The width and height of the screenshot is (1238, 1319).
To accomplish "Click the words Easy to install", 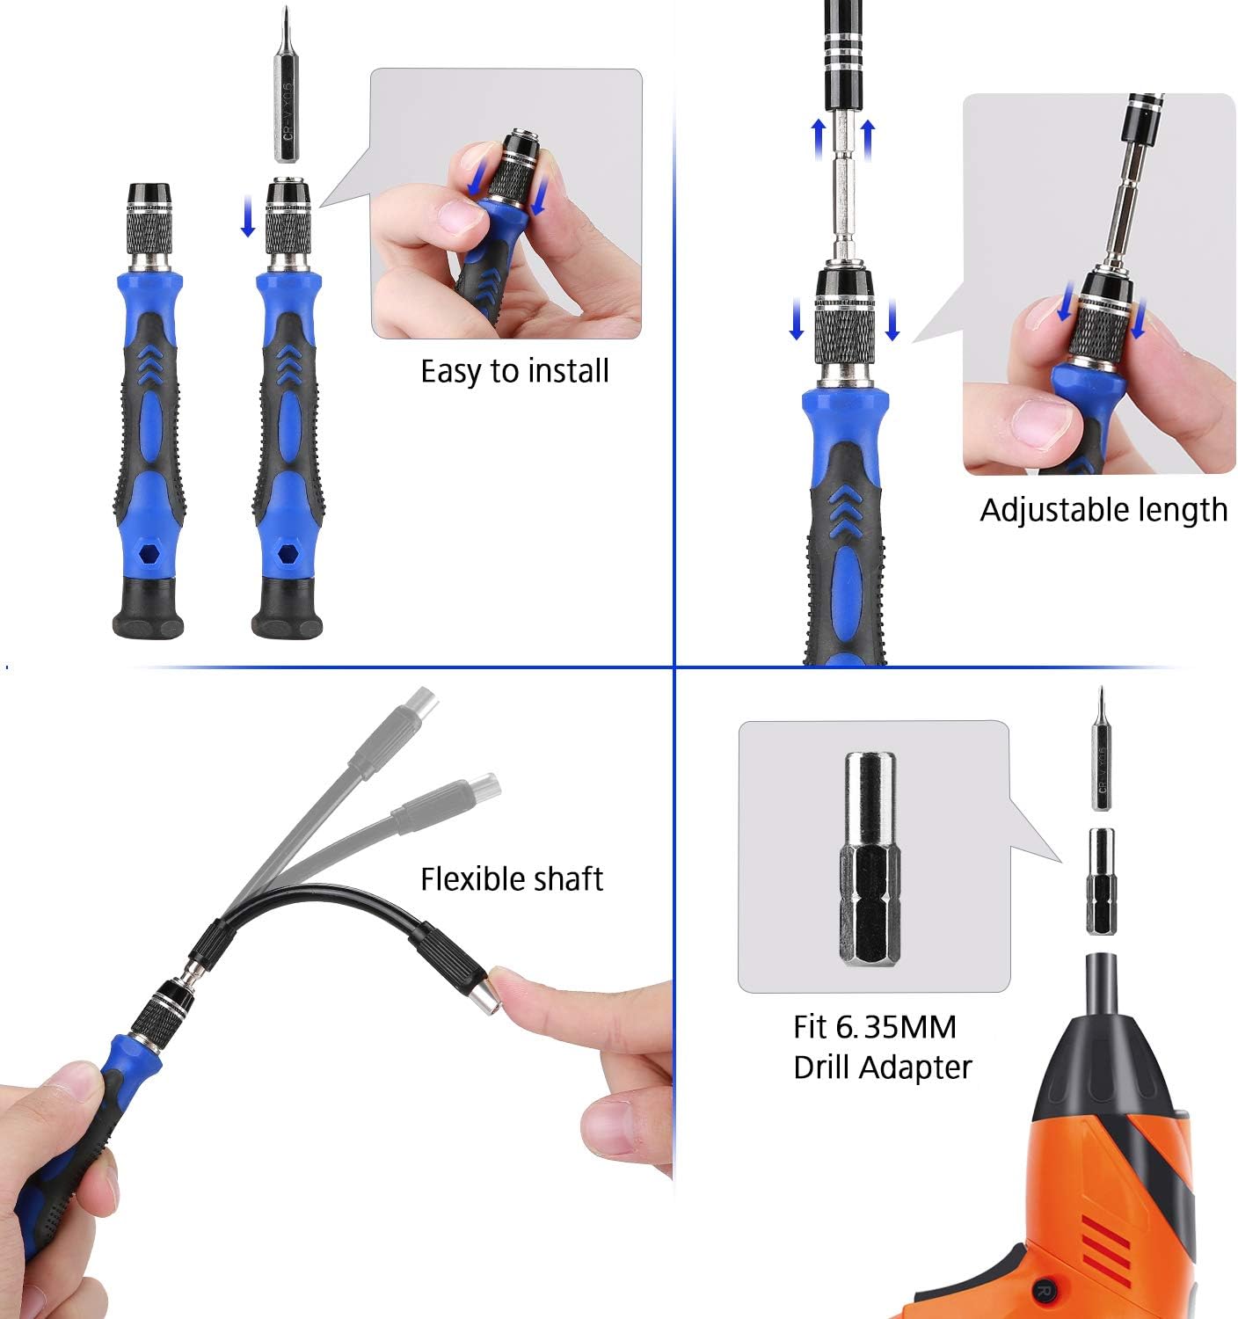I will coord(514,371).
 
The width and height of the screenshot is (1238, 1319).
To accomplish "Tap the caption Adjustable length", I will coord(1103,510).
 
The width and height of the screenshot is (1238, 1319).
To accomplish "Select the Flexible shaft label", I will coord(511,879).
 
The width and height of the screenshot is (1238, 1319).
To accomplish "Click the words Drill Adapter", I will coord(882,1068).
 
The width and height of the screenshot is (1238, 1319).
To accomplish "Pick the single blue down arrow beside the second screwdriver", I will coord(248,216).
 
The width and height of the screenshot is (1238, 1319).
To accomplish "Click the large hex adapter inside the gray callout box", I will coord(870,858).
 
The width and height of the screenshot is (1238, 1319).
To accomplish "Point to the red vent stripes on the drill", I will coord(1106,1240).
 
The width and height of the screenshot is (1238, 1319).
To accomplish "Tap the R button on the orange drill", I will coord(1044,1291).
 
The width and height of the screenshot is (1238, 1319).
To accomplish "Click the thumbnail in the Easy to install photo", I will coord(460,215).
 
